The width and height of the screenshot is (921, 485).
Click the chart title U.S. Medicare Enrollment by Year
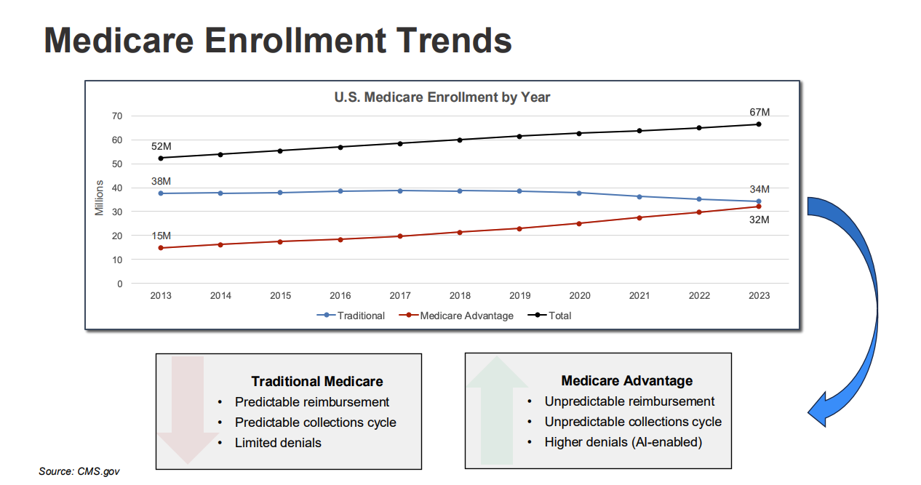tap(442, 97)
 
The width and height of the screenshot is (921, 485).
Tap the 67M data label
tap(759, 112)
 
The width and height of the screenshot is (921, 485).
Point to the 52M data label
tap(161, 146)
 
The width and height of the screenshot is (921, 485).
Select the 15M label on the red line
tap(161, 236)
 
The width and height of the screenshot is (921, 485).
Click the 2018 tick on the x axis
tap(460, 296)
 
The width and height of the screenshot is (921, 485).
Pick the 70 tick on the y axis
tap(117, 116)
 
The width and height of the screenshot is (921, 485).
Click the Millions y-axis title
tap(100, 199)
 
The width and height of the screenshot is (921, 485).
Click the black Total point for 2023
tap(759, 124)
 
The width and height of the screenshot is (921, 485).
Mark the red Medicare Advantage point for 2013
tap(161, 248)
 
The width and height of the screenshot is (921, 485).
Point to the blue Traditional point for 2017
tap(400, 191)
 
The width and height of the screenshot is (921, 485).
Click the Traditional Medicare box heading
tap(316, 381)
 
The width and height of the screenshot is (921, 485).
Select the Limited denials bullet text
tap(278, 442)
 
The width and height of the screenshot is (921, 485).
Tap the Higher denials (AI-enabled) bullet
tap(623, 441)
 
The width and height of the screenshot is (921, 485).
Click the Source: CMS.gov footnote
tap(79, 471)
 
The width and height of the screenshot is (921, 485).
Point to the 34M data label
tap(759, 189)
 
